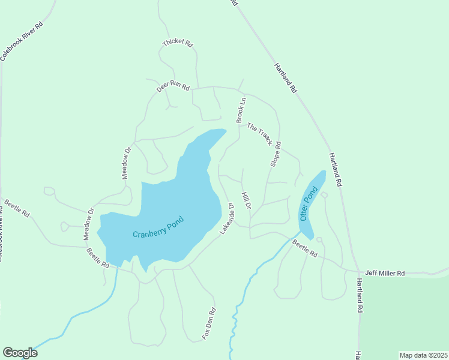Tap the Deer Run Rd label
(x=173, y=86)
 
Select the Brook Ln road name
(x=241, y=111)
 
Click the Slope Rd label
(x=276, y=154)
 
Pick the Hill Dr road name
(x=246, y=200)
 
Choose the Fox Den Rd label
(x=208, y=324)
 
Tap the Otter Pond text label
(x=308, y=203)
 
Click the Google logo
(x=20, y=353)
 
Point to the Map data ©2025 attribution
(x=424, y=355)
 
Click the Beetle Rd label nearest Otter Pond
(x=305, y=248)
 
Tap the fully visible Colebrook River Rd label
(x=22, y=41)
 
